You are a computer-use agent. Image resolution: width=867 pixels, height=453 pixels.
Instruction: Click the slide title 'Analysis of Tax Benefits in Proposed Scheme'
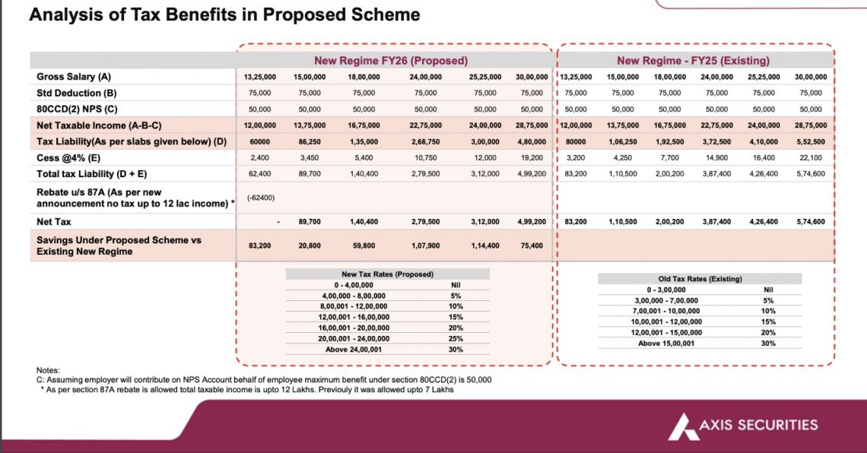[224, 14]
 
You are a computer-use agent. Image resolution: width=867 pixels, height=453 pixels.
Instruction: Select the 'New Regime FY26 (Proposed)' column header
[391, 60]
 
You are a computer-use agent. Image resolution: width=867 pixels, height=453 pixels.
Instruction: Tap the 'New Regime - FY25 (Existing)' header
[694, 60]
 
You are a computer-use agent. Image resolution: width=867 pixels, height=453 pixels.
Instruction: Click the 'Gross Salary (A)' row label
[74, 77]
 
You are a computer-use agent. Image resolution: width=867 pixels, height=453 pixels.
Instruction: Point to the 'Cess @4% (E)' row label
[68, 158]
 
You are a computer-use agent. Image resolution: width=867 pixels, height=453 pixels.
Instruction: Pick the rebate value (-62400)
[260, 197]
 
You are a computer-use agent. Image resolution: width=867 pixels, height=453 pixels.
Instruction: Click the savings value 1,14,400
[485, 246]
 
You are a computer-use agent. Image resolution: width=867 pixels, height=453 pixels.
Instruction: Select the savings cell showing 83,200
[260, 246]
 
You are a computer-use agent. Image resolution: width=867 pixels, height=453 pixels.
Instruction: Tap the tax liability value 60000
[260, 141]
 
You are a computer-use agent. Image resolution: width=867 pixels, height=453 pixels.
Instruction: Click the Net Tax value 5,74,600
[811, 221]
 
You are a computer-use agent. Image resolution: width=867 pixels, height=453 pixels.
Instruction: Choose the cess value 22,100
[811, 157]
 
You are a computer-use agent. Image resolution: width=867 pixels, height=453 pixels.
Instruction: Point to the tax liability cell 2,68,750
[425, 141]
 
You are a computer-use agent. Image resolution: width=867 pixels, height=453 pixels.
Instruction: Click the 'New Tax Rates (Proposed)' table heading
[387, 274]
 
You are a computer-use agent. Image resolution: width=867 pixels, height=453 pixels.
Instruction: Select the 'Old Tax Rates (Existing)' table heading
[700, 279]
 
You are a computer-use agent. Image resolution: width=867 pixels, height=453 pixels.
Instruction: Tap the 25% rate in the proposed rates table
[456, 339]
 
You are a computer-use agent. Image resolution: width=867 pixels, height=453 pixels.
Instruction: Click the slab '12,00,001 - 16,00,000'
[354, 317]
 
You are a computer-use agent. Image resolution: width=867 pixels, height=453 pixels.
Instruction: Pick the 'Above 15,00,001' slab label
[666, 343]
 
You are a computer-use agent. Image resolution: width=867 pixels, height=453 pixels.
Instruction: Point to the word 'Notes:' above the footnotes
[48, 370]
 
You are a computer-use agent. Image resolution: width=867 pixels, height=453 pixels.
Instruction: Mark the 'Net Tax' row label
[54, 221]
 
